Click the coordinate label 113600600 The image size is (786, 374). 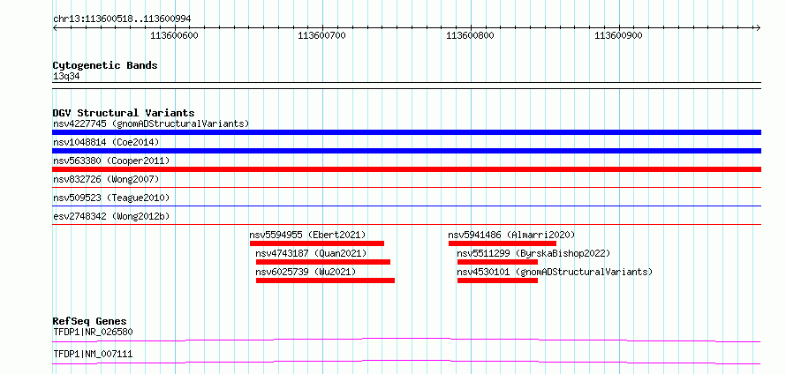[x=175, y=35]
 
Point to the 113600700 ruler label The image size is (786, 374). [x=321, y=35]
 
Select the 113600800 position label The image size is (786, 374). [x=470, y=35]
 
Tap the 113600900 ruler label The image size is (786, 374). [x=618, y=35]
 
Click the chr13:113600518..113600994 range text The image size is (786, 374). [x=122, y=19]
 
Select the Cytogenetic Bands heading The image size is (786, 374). [x=105, y=65]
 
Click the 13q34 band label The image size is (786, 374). [x=66, y=77]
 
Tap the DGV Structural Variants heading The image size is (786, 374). [x=124, y=113]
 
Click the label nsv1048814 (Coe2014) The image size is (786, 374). [x=106, y=142]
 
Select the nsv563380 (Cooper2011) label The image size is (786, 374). [x=111, y=161]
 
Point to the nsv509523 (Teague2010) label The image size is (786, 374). [x=111, y=198]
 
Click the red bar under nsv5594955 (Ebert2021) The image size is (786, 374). [x=317, y=243]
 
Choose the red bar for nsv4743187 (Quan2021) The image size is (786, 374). [x=323, y=262]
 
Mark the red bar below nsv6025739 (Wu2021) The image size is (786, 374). [x=325, y=280]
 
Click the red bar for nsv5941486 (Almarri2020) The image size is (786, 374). [x=503, y=243]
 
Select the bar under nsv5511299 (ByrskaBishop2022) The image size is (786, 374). [x=497, y=262]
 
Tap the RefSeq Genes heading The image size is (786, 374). [x=90, y=321]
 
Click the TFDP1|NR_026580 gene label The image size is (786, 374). [x=93, y=332]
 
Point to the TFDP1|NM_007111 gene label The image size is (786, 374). [x=93, y=355]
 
